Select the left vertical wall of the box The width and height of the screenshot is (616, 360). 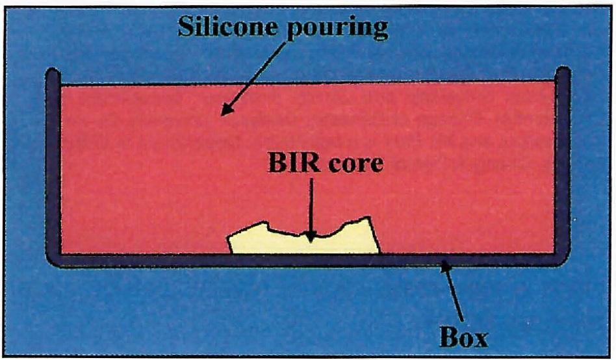point(53,162)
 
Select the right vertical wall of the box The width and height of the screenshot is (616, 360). point(563,162)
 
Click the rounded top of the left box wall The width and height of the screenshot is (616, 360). point(53,71)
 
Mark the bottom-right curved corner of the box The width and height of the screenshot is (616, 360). point(560,258)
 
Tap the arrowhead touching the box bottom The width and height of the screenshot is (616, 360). point(444,264)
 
